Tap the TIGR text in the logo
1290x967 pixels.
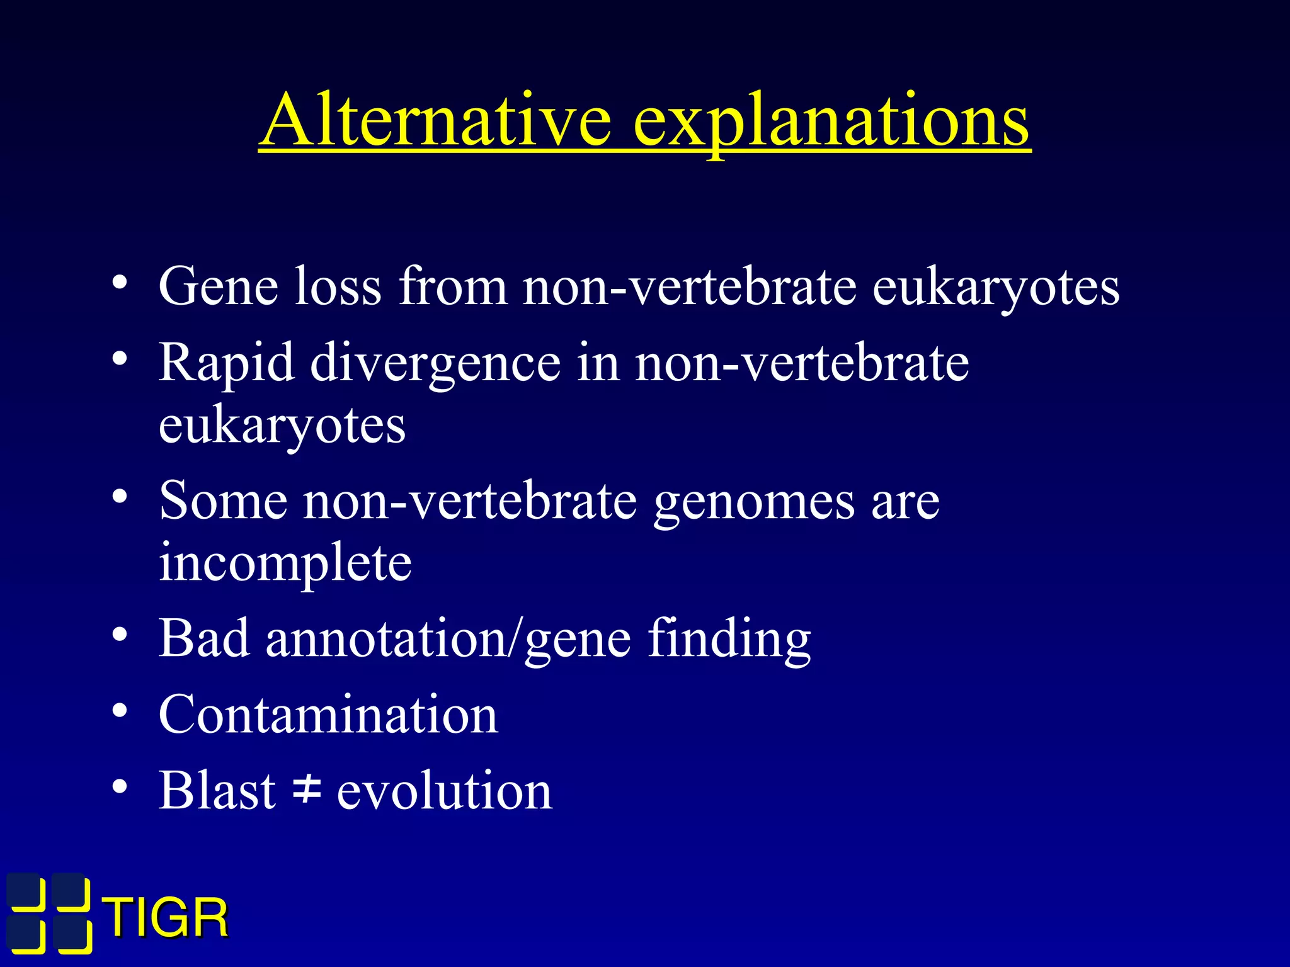(166, 919)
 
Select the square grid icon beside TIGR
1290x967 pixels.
(49, 913)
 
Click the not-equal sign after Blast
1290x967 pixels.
(307, 789)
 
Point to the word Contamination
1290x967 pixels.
(328, 715)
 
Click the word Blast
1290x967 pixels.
(217, 791)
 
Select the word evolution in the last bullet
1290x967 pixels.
(445, 791)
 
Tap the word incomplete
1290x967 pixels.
(285, 562)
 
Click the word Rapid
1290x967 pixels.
(226, 364)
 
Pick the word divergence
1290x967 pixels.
(435, 364)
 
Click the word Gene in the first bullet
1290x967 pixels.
(218, 287)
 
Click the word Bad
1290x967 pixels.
(203, 639)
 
